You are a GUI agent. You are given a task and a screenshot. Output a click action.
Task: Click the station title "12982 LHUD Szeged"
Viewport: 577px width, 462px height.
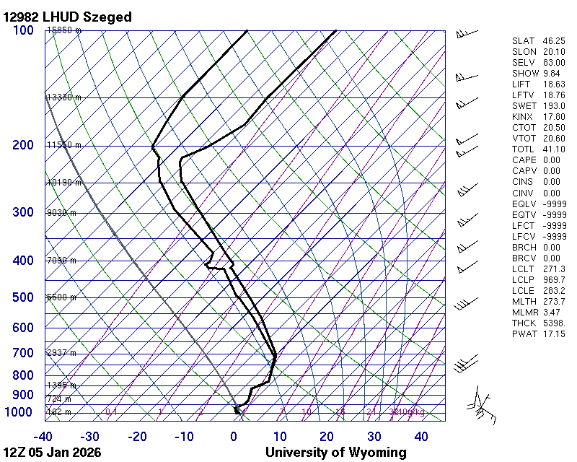pyautogui.click(x=67, y=17)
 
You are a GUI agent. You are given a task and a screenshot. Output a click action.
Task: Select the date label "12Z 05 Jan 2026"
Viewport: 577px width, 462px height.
pyautogui.click(x=52, y=453)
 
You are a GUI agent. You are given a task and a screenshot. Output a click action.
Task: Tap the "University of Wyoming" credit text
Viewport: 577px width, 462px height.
pyautogui.click(x=335, y=453)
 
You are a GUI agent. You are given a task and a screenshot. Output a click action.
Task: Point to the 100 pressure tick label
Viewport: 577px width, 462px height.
pyautogui.click(x=23, y=30)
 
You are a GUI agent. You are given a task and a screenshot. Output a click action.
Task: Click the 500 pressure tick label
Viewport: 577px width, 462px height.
pyautogui.click(x=23, y=297)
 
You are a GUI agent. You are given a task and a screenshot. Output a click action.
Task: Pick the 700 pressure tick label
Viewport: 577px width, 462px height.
pyautogui.click(x=23, y=353)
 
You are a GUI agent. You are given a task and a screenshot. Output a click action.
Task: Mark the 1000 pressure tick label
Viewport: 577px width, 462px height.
pyautogui.click(x=19, y=412)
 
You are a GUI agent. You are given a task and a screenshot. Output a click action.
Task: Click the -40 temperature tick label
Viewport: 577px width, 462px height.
pyautogui.click(x=44, y=436)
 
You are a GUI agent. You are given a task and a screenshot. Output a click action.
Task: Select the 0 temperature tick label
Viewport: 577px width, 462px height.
pyautogui.click(x=234, y=436)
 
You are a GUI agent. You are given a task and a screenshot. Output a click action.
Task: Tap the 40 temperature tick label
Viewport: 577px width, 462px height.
pyautogui.click(x=421, y=436)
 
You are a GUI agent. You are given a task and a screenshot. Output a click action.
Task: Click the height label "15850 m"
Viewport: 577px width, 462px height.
pyautogui.click(x=63, y=31)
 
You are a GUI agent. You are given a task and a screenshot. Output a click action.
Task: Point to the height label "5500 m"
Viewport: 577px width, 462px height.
pyautogui.click(x=61, y=297)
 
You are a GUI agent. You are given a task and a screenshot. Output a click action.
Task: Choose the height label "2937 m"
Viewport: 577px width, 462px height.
pyautogui.click(x=61, y=353)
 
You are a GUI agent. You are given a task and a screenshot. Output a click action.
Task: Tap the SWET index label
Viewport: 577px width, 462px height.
pyautogui.click(x=524, y=106)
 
